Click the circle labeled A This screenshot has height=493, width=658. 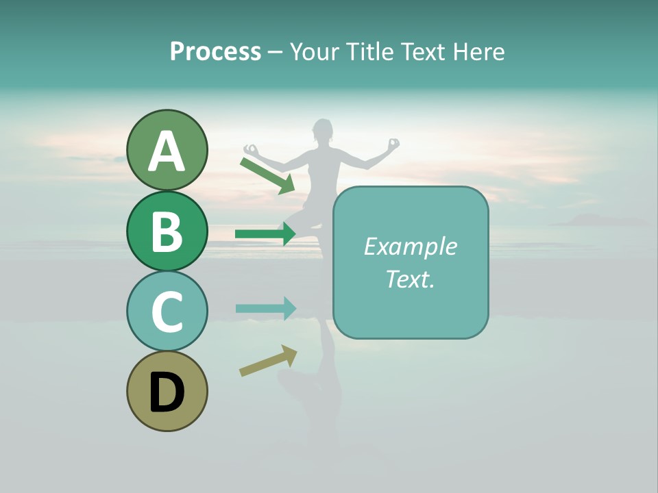coord(167,150)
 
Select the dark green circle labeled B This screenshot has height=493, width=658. coord(167,231)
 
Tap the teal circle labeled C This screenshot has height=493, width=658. coord(167,311)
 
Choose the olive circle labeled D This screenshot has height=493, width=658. coord(167,391)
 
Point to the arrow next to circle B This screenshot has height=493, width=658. coord(265,233)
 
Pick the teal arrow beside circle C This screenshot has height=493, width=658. coord(265,308)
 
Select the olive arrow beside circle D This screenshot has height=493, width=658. coord(268,361)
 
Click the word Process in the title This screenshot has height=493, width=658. coord(215,51)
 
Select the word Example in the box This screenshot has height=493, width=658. coord(410,246)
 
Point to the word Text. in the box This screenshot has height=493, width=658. coord(410,279)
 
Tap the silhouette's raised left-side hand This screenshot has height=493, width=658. coord(251,149)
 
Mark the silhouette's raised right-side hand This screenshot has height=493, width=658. coord(393,144)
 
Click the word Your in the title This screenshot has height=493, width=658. coord(315,51)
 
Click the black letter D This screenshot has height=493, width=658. coord(167,392)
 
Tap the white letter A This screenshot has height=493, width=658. coord(167,151)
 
